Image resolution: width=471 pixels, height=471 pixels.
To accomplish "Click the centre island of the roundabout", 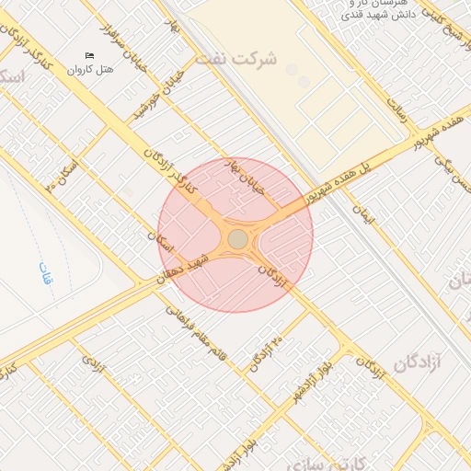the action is [237, 239].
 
